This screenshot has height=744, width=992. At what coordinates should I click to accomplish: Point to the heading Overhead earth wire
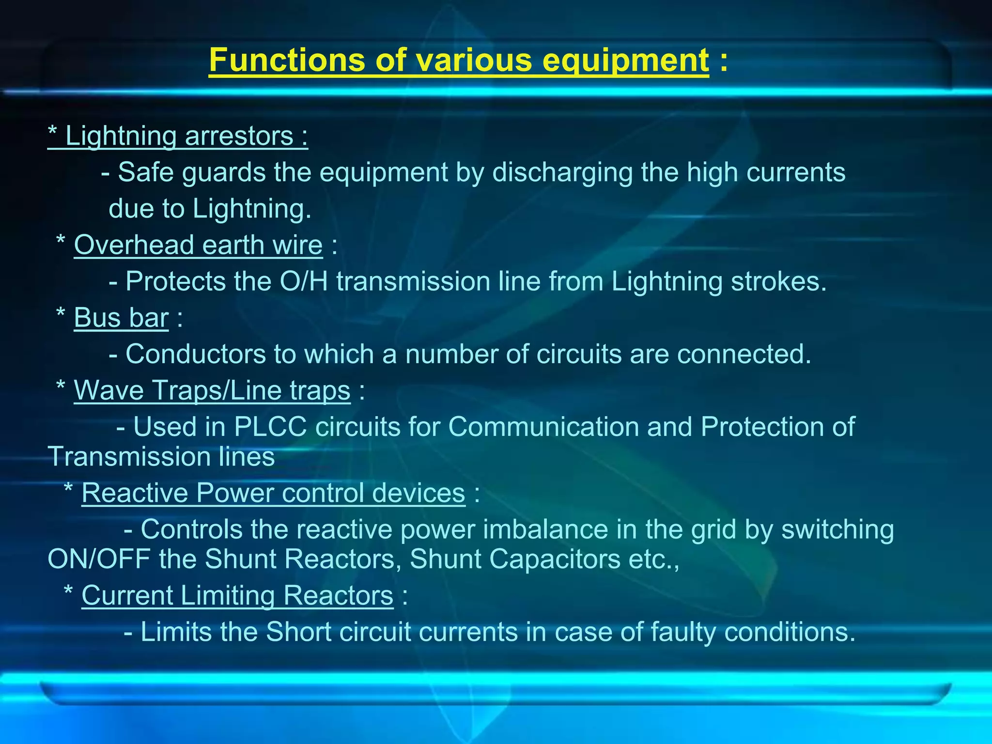coord(198,245)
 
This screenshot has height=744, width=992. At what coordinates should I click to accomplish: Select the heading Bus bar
coord(121,318)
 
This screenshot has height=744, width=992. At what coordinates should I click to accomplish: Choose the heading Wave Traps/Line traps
coord(212,390)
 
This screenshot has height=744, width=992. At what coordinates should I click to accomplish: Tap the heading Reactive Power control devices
coord(273,493)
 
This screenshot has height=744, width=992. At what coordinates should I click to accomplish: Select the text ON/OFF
coord(99,559)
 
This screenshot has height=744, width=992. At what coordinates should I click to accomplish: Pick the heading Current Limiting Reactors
coord(237,596)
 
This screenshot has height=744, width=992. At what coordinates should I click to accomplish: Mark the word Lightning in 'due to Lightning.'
coord(251,209)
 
